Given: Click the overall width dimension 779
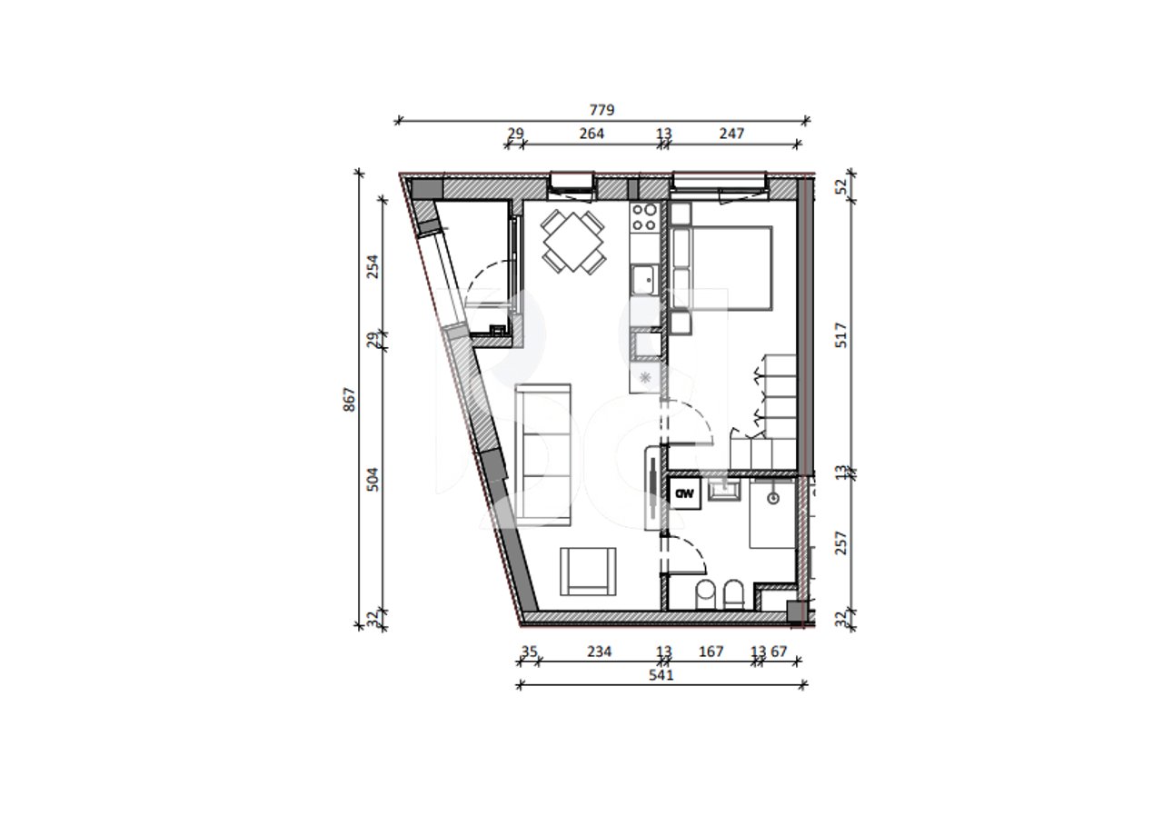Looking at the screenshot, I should [601, 110].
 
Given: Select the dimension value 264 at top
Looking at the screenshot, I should [591, 134].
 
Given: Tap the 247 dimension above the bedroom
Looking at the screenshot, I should [731, 134].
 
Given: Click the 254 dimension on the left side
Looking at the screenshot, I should [373, 265].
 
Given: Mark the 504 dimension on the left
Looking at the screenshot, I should [373, 479].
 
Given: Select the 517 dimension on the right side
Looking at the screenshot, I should [841, 336].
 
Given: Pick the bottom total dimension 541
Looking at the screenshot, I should [661, 675].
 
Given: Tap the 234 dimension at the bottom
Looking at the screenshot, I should [599, 652].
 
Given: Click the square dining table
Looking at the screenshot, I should [573, 242].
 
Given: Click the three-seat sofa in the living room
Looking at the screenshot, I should [543, 455].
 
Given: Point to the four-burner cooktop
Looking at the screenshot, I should [645, 217].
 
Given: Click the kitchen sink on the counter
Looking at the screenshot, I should [646, 277].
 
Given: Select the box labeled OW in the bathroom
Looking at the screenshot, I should [684, 494].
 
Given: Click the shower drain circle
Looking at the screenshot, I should [773, 498].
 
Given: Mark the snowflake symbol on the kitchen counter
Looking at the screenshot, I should [645, 377].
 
